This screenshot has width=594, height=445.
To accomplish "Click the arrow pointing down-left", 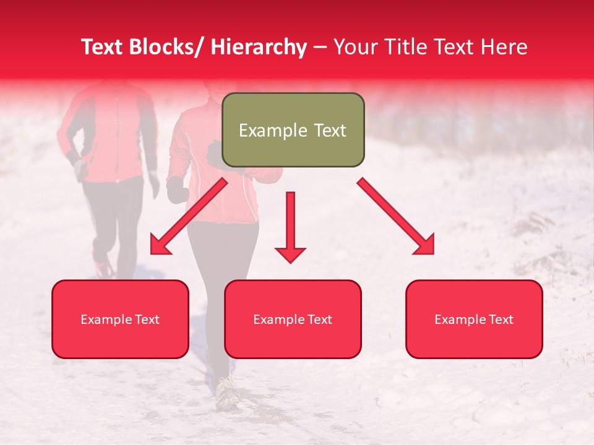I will pos(189,217).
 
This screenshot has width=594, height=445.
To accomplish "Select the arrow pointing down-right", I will pos(396,217).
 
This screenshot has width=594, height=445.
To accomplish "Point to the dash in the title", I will pos(320,48).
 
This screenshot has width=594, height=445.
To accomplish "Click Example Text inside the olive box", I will pos(293,130).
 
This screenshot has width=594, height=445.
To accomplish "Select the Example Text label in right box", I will pos(474,320).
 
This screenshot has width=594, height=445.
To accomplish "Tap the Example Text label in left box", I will pos(120,320).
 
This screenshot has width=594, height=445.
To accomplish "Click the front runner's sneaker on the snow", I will pos(227,393).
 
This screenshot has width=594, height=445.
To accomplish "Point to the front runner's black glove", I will pos(178,190).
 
